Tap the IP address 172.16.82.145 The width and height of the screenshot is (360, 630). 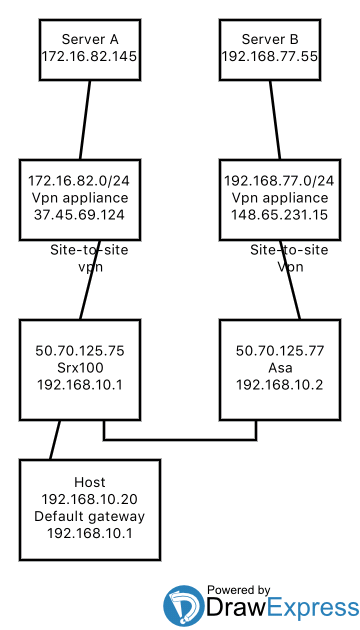90,58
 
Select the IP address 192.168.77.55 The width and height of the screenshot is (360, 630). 270,58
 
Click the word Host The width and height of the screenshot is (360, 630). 90,482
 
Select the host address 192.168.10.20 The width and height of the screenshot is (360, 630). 90,499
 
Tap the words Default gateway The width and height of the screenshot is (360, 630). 90,516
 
